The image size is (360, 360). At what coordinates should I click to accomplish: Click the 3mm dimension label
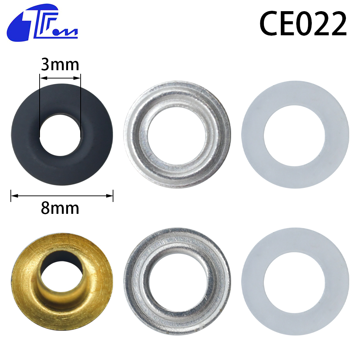(60, 64)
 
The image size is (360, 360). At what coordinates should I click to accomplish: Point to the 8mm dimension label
(60, 208)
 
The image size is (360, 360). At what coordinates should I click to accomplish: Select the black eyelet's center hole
(60, 135)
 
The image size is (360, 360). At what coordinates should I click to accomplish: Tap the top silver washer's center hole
(177, 136)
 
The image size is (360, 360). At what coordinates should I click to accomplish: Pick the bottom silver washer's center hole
(177, 282)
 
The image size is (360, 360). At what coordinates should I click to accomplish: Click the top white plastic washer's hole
(294, 135)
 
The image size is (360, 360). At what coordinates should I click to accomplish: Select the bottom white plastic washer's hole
(294, 283)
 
